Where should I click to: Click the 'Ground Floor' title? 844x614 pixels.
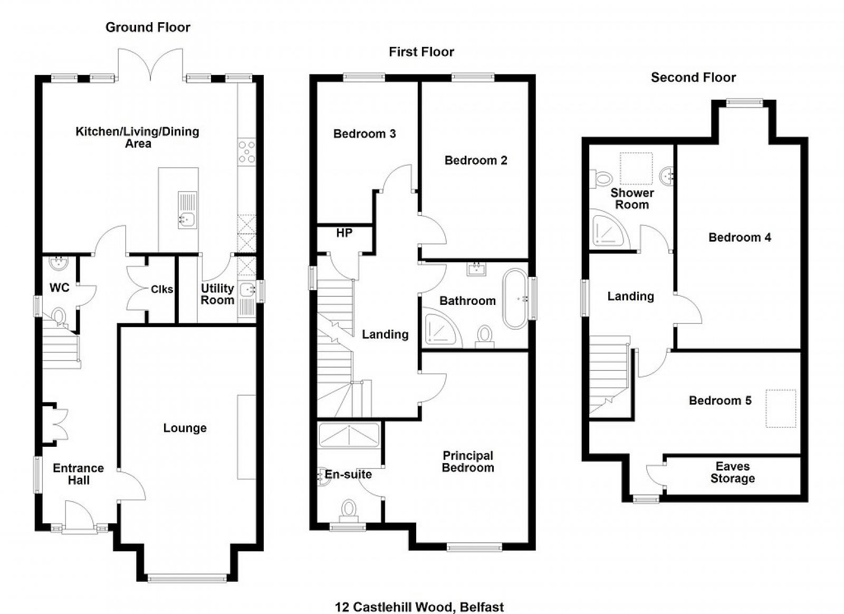[x=148, y=27]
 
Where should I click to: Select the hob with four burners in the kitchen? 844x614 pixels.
[x=247, y=151]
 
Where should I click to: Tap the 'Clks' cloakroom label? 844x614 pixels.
[x=162, y=289]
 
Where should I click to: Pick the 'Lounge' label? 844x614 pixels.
[x=185, y=428]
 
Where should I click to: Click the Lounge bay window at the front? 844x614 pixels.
[x=187, y=578]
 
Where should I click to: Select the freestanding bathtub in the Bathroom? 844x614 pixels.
[x=516, y=299]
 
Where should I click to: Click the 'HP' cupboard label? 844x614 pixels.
[x=344, y=233]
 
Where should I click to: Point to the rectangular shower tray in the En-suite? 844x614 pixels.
[x=349, y=435]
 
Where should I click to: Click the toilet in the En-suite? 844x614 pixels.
[x=349, y=511]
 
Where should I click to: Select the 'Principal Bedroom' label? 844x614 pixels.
[x=468, y=462]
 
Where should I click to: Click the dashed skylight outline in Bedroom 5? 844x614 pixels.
[x=781, y=409]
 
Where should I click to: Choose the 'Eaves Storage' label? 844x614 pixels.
[x=733, y=472]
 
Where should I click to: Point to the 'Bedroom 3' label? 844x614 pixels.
[x=365, y=134]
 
